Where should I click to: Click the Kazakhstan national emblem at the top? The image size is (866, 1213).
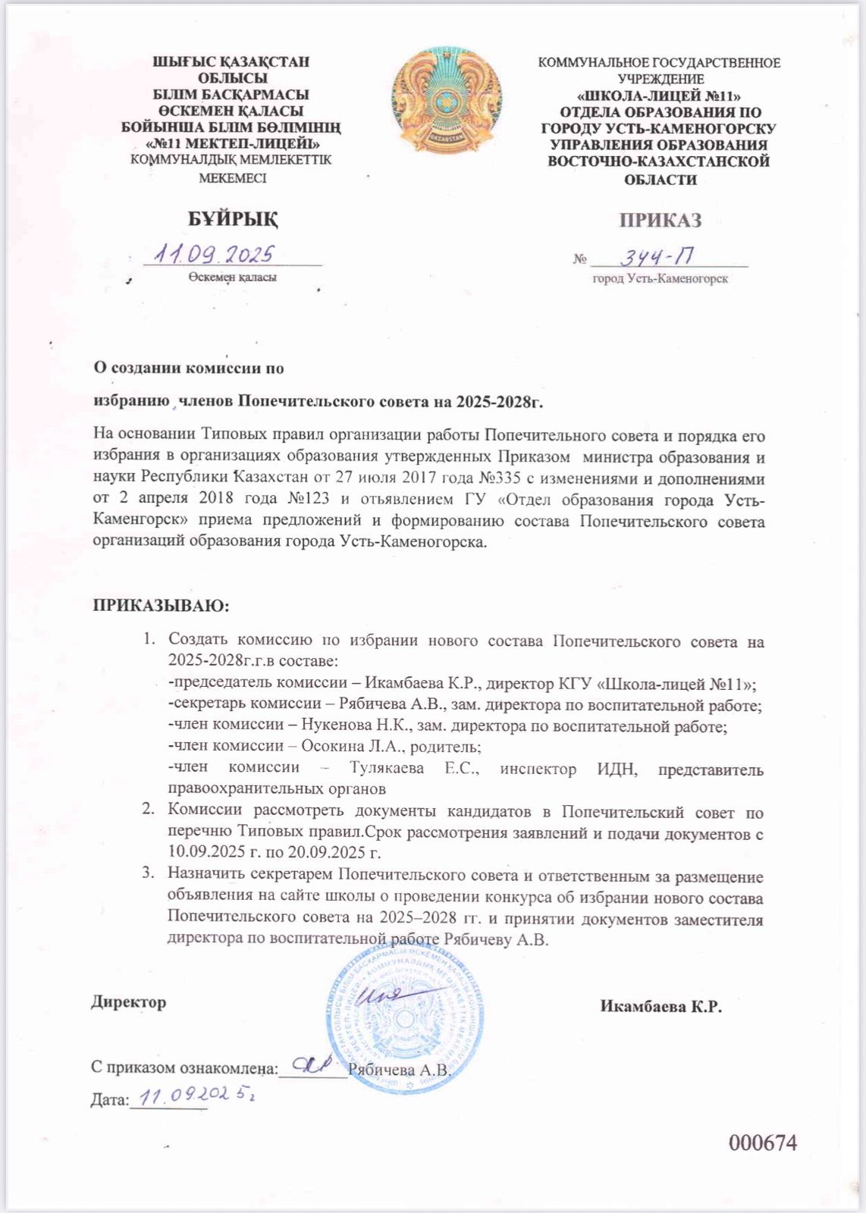click(x=447, y=103)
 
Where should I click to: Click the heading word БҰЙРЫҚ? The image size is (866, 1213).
click(x=233, y=220)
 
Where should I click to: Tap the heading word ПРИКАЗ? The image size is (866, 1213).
click(x=660, y=221)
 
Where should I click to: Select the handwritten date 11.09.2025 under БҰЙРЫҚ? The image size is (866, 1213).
click(x=215, y=254)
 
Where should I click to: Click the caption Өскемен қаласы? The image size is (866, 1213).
click(x=232, y=277)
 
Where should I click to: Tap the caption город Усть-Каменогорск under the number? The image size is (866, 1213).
click(x=660, y=279)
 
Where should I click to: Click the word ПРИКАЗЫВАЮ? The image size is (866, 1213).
click(x=160, y=606)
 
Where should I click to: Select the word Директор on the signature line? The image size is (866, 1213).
click(x=129, y=1002)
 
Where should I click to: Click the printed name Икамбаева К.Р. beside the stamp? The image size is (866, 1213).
click(x=660, y=1007)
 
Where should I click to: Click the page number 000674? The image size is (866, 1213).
click(x=763, y=1142)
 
